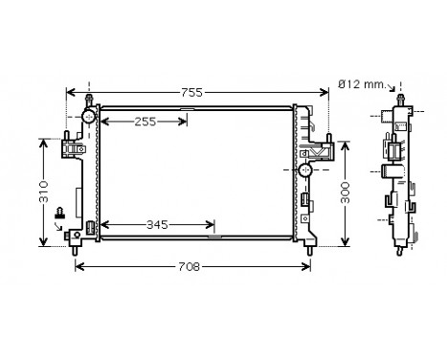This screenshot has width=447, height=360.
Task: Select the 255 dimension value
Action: tap(145, 122)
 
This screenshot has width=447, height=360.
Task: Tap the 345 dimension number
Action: tap(158, 225)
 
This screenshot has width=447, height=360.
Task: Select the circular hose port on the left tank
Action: tap(89, 116)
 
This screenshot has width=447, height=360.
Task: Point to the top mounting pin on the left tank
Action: tap(89, 99)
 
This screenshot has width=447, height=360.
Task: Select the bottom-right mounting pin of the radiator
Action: tap(311, 248)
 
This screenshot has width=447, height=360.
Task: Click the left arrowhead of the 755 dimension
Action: tap(69, 93)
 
